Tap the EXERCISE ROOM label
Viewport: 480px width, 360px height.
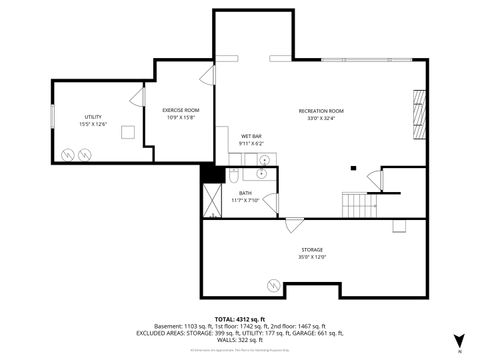(181, 110)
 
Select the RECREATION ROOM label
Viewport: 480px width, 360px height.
(320, 110)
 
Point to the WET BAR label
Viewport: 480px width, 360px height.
(251, 136)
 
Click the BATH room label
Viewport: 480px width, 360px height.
(245, 192)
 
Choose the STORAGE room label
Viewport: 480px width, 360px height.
(312, 250)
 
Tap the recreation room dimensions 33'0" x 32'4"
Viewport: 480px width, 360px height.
(320, 117)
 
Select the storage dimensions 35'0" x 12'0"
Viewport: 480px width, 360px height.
(312, 257)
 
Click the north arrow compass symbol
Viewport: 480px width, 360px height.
(458, 340)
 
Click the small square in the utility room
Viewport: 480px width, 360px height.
(128, 132)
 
